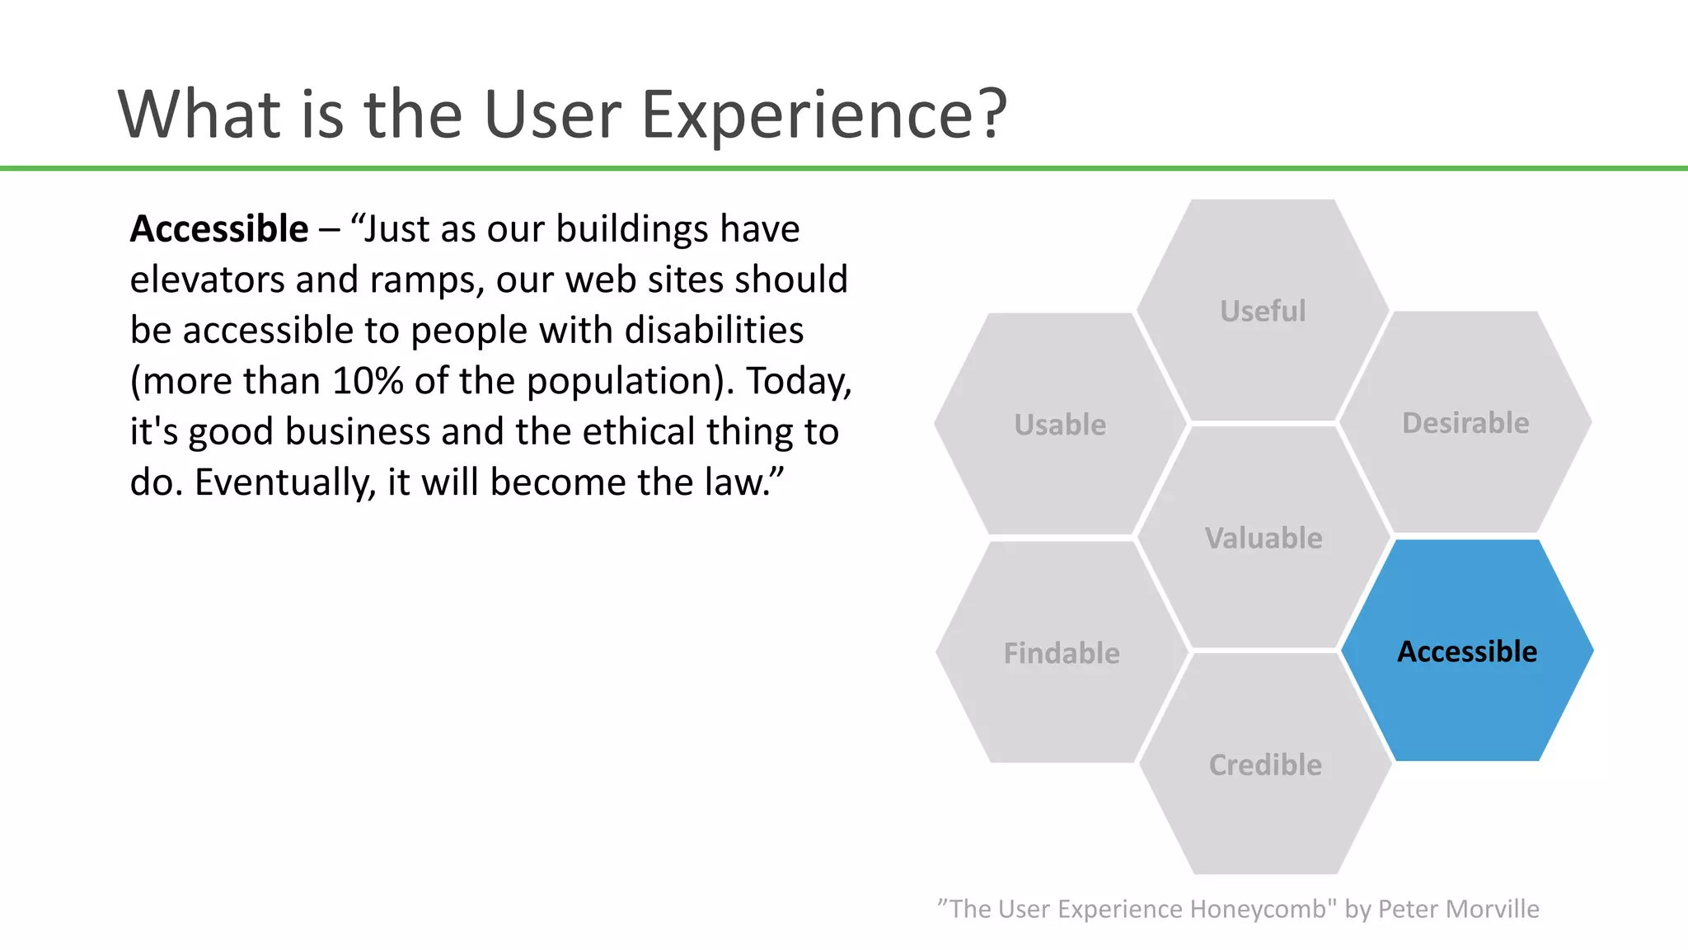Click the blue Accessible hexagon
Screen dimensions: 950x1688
[1467, 651]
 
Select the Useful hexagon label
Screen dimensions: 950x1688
[1263, 311]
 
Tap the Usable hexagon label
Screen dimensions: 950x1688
[1060, 425]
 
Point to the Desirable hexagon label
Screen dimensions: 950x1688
[1465, 423]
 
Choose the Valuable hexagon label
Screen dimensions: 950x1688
[1264, 538]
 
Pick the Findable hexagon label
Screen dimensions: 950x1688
[1062, 653]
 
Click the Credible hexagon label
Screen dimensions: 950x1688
[1265, 765]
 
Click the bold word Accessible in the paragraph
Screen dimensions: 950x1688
[219, 229]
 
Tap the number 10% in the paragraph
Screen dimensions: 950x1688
[368, 381]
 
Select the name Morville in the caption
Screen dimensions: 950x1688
[1493, 909]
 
